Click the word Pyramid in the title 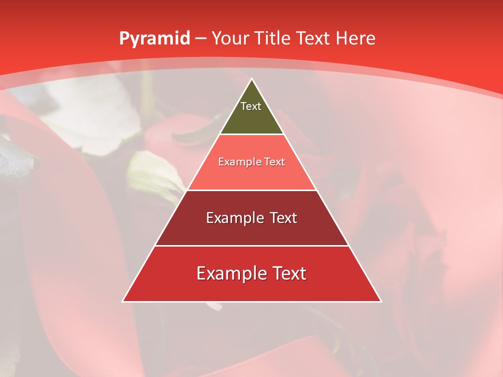[154, 39]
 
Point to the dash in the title [201, 39]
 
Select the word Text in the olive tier [251, 106]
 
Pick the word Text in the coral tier [274, 162]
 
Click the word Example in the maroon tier [234, 218]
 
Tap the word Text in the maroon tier [283, 218]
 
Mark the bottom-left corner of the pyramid [123, 301]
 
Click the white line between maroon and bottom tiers [251, 246]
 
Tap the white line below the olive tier [251, 135]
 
